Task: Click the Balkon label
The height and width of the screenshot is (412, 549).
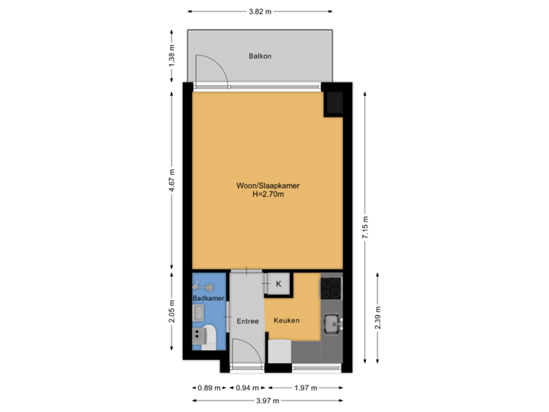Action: click(x=260, y=56)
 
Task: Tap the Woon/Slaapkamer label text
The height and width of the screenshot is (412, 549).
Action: click(x=263, y=185)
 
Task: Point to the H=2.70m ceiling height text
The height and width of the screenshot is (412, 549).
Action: click(x=263, y=195)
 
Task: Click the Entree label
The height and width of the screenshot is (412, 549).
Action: click(x=248, y=321)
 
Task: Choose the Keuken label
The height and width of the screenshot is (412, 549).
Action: click(x=286, y=321)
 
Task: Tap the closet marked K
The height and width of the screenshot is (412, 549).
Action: click(x=278, y=284)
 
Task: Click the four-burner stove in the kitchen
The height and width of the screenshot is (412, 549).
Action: click(x=331, y=288)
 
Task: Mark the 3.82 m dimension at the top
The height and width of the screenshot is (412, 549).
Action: click(x=260, y=11)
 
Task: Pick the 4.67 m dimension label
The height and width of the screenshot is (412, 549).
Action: click(x=172, y=181)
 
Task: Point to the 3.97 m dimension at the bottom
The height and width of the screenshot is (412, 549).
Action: click(x=268, y=400)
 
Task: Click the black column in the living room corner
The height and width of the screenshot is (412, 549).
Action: click(x=334, y=104)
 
